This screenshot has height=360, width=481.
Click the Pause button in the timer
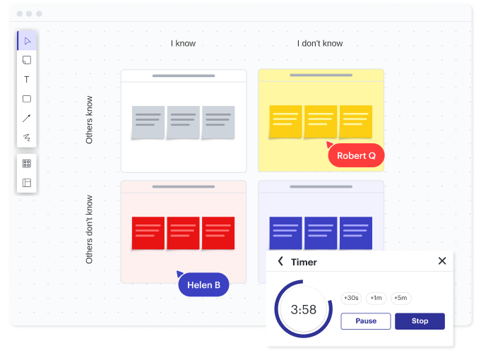(x=366, y=321)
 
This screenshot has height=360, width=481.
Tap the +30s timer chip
(x=351, y=298)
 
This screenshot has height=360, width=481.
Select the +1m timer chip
(x=376, y=298)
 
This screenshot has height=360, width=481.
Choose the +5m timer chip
(x=400, y=298)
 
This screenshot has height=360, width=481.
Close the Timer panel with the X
(x=442, y=261)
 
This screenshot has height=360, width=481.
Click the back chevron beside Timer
(x=280, y=261)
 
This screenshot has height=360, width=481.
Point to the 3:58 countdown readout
(x=303, y=310)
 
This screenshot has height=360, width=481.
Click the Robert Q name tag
(x=356, y=155)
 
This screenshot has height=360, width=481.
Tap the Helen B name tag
(x=204, y=284)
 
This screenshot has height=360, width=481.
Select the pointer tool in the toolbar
(x=27, y=41)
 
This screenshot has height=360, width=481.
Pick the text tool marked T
(x=27, y=80)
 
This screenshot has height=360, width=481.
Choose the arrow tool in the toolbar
(x=27, y=118)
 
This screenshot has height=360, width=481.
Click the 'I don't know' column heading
(x=320, y=44)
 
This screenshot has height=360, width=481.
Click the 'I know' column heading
(x=183, y=44)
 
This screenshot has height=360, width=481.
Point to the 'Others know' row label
(x=90, y=120)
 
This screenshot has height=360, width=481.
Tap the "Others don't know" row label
(x=90, y=229)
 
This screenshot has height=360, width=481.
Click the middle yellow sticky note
(x=321, y=121)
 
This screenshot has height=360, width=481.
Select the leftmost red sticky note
(x=148, y=233)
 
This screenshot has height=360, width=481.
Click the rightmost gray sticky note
(x=218, y=122)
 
